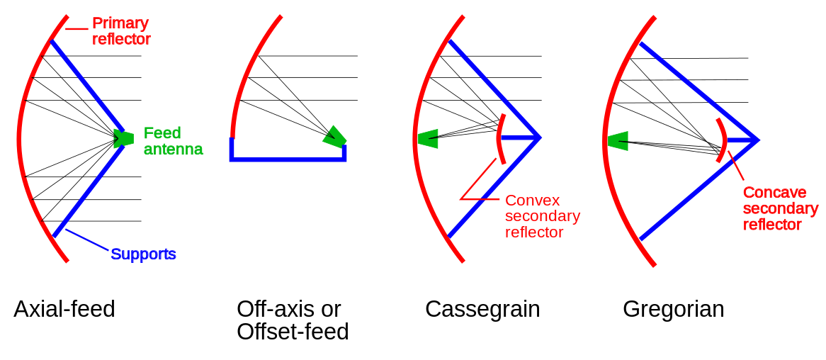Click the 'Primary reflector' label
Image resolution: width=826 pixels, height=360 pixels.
pyautogui.click(x=121, y=31)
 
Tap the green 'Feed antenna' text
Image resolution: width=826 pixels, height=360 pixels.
pyautogui.click(x=173, y=141)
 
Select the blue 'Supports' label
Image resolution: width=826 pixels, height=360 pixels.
pyautogui.click(x=143, y=254)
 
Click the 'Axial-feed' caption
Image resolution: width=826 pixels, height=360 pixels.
pyautogui.click(x=64, y=309)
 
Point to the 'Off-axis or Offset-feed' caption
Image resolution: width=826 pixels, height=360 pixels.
pyautogui.click(x=293, y=320)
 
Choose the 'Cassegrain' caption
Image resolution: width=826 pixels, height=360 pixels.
pyautogui.click(x=482, y=309)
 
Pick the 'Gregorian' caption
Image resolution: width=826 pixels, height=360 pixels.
pyautogui.click(x=673, y=309)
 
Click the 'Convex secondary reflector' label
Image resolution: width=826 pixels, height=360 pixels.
pyautogui.click(x=542, y=216)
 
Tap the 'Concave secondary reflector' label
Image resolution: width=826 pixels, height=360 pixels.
pyautogui.click(x=780, y=208)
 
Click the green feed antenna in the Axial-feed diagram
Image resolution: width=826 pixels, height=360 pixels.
pyautogui.click(x=123, y=138)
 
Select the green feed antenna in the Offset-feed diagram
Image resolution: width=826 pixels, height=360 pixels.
pyautogui.click(x=335, y=137)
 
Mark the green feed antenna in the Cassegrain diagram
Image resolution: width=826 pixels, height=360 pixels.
pyautogui.click(x=428, y=139)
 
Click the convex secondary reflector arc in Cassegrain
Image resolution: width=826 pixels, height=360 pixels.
pyautogui.click(x=499, y=139)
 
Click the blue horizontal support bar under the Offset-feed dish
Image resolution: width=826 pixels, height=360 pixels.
pyautogui.click(x=288, y=159)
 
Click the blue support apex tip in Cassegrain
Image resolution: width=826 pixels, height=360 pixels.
pyautogui.click(x=539, y=137)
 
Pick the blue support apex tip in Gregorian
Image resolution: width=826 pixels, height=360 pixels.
pyautogui.click(x=757, y=140)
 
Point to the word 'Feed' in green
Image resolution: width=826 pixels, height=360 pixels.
pyautogui.click(x=162, y=133)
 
